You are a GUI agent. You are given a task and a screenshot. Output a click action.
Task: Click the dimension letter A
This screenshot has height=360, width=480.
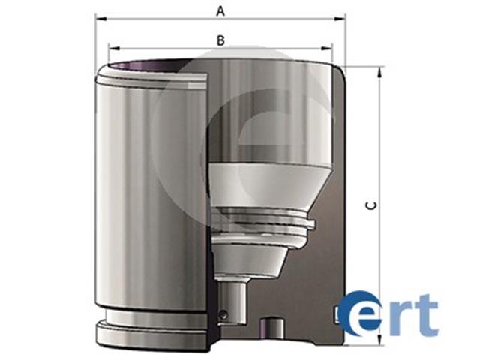(220, 11)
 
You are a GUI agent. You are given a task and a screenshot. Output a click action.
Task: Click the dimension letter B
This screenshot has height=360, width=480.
(220, 40)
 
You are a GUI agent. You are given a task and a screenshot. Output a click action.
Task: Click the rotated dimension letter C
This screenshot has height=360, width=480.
(372, 205)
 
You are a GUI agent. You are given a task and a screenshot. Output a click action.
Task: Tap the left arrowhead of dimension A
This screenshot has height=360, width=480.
(100, 19)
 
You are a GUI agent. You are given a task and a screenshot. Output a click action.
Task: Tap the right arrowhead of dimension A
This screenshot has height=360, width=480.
(340, 19)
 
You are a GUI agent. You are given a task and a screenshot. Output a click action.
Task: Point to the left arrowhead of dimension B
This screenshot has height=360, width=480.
(114, 48)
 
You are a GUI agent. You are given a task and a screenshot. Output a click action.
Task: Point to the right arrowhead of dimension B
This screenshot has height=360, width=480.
(326, 48)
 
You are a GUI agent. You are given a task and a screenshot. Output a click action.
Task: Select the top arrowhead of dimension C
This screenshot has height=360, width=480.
(379, 72)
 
